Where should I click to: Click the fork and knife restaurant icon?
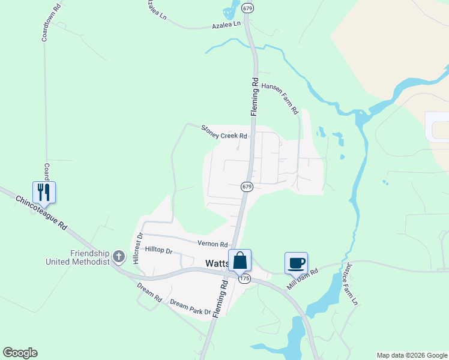coord(44,192)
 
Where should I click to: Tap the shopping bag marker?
coord(240,260)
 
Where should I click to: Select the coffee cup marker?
coord(296,263)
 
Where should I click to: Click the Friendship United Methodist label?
coord(78,257)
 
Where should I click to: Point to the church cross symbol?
coord(119,257)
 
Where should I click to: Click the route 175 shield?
coord(244,279)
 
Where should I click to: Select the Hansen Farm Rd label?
coord(279,98)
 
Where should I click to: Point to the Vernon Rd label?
coord(213,244)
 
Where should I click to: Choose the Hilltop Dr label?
coord(158,251)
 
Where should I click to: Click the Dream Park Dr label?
coord(190,307)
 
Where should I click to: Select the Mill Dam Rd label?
coord(302,279)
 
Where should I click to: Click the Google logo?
coord(20,353)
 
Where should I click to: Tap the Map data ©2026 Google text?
coord(411,355)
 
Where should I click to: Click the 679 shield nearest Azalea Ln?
coord(247,8)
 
